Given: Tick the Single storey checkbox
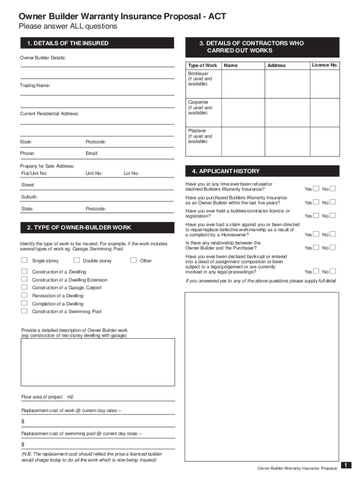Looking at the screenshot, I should tap(24, 261).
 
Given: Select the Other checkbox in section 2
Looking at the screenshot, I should tap(133, 261).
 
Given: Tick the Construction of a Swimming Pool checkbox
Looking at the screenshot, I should tap(24, 312).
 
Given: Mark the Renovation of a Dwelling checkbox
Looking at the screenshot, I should tap(24, 296).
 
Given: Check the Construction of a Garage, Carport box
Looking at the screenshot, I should tap(24, 288).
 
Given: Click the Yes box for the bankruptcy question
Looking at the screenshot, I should tap(316, 271).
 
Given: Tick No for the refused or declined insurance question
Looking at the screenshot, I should tap(333, 189).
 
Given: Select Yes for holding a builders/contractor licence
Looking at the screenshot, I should tap(316, 216).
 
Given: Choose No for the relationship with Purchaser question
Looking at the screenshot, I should tap(333, 247).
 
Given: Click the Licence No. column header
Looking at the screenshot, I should tap(325, 65).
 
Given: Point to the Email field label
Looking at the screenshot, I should tap(92, 153).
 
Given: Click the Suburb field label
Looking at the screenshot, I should tap(29, 197).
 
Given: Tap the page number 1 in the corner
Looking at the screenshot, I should tap(346, 465).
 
